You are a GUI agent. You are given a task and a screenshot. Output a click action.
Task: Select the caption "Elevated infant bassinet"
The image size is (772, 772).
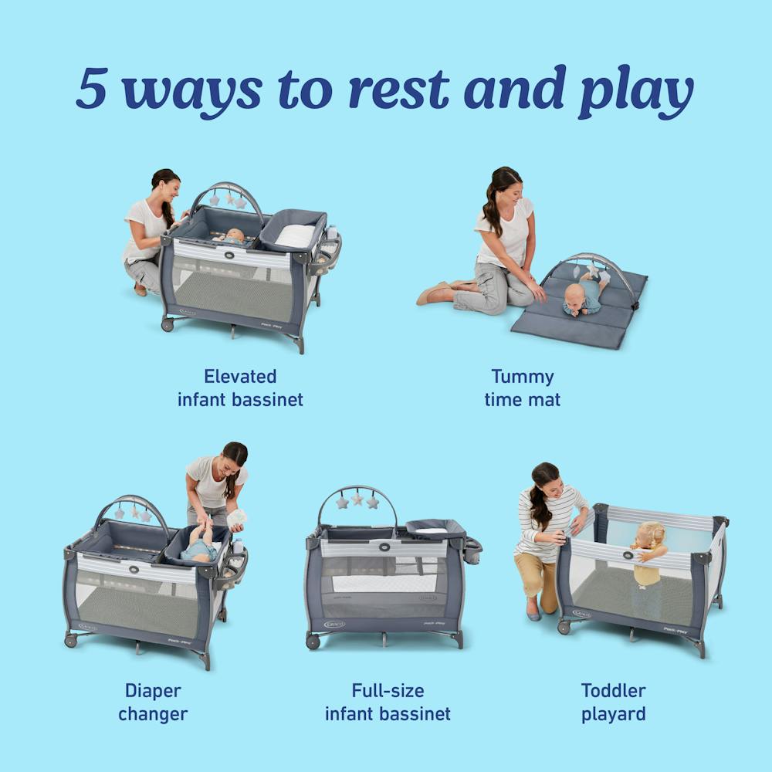(240, 388)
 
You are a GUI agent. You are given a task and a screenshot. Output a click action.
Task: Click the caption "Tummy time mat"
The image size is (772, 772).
(523, 388)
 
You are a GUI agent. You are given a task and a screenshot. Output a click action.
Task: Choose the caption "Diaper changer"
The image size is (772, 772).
(153, 702)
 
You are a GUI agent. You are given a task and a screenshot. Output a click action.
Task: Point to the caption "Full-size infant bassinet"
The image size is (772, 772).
(388, 702)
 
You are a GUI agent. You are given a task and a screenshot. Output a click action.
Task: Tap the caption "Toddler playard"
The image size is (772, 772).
(613, 702)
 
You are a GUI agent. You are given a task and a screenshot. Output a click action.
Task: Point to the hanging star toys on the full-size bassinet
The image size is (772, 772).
(357, 501)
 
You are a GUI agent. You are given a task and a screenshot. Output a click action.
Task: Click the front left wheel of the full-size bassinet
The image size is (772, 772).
(313, 642)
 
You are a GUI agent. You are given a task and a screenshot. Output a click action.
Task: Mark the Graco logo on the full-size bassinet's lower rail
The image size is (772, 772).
(334, 624)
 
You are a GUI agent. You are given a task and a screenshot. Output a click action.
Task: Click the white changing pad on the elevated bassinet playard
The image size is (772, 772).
(295, 235)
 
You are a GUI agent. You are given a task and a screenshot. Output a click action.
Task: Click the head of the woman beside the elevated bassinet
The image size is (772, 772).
(166, 185)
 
